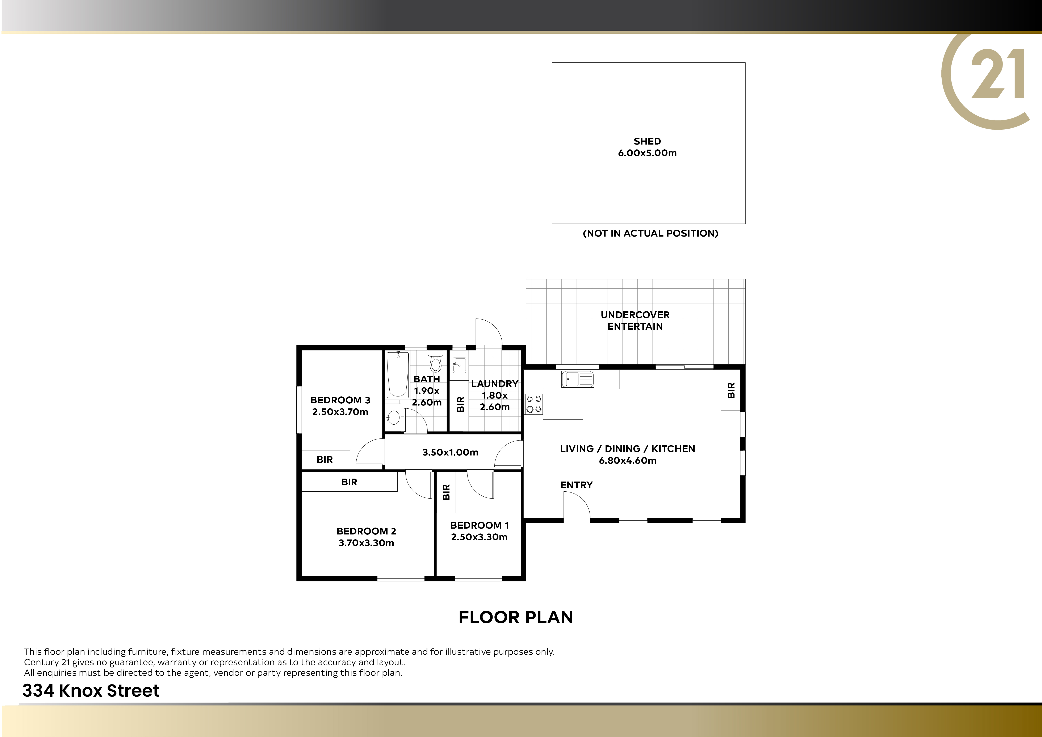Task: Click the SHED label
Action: [x=647, y=141]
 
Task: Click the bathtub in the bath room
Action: [x=398, y=374]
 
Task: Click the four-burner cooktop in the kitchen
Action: [x=533, y=404]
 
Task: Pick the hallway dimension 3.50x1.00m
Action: [x=450, y=452]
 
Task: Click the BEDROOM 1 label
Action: [x=479, y=525]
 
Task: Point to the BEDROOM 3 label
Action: [x=340, y=400]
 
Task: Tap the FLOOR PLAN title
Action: [x=516, y=617]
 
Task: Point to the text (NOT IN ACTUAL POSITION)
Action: [x=650, y=233]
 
